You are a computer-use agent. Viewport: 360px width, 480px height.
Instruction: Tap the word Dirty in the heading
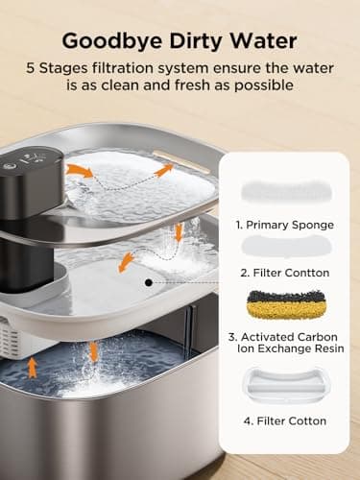pyautogui.click(x=192, y=41)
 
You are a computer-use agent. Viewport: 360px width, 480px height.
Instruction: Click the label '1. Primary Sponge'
pyautogui.click(x=285, y=224)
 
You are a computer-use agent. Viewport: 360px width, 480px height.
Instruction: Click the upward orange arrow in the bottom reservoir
pyautogui.click(x=33, y=366)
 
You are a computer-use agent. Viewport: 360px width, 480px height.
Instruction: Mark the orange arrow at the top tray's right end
pyautogui.click(x=164, y=170)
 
